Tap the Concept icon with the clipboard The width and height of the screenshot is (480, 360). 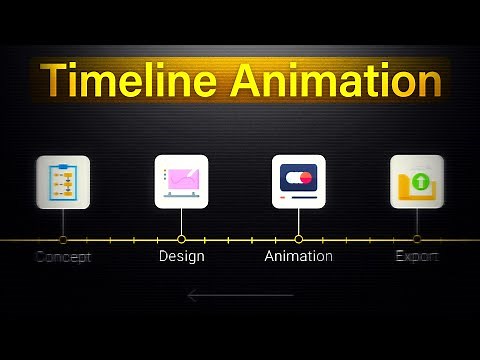pos(63,182)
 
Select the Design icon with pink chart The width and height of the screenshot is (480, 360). pos(181,181)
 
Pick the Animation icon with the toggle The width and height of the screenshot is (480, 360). pos(299,181)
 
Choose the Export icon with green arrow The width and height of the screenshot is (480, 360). pos(416,181)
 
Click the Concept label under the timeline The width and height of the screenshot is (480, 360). pos(63,257)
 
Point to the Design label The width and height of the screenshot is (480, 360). pos(181,257)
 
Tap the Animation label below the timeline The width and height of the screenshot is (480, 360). pos(298,257)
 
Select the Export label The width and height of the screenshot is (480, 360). pos(416,257)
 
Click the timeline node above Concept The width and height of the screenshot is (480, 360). pos(63,240)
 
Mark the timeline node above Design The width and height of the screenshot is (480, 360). pos(181,240)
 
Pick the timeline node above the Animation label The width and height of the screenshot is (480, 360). pos(298,240)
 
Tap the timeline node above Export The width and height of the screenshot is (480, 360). pos(416,240)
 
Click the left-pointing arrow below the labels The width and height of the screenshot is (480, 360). pos(240,295)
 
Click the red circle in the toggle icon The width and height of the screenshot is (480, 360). pos(306,178)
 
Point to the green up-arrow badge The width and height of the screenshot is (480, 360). pos(420,182)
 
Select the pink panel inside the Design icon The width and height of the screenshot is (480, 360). pos(185,179)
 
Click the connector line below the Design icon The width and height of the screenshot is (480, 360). pos(181,222)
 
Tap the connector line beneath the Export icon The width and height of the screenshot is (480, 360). pos(416,222)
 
